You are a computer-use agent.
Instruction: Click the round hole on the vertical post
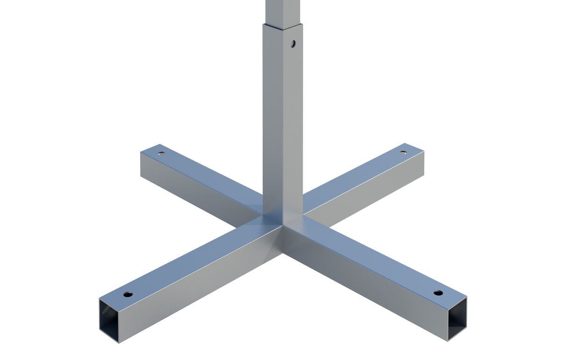pyautogui.click(x=292, y=44)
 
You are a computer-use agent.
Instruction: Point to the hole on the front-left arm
pyautogui.click(x=127, y=295)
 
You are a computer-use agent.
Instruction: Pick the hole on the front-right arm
pyautogui.click(x=438, y=293)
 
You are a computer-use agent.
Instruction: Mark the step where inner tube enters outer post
pyautogui.click(x=283, y=24)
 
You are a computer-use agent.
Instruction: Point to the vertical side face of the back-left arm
pyautogui.click(x=196, y=187)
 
